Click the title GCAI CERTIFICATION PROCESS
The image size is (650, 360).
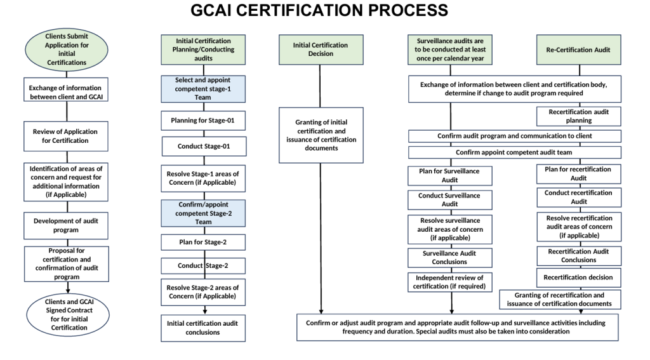(324, 11)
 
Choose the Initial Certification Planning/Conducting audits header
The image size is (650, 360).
(203, 50)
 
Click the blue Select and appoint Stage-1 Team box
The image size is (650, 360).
(203, 89)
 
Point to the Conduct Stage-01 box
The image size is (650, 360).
(203, 145)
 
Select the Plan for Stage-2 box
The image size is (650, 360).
(203, 242)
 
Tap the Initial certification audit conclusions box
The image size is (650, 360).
(203, 328)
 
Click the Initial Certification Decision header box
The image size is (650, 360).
(320, 50)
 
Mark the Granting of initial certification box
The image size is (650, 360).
(320, 135)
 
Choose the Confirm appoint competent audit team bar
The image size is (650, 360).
(514, 152)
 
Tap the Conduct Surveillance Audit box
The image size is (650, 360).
(451, 199)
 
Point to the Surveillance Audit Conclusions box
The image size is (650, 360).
(451, 258)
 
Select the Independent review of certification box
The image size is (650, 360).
(451, 283)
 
